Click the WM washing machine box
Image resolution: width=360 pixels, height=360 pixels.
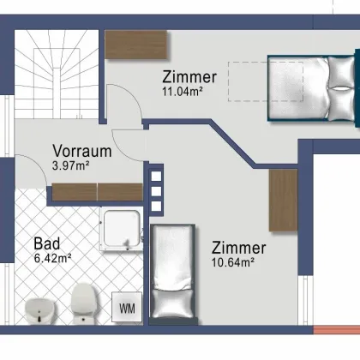[x=127, y=307]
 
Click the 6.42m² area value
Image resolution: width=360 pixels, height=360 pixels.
[x=52, y=255]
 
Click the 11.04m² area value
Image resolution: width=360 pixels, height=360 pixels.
[x=183, y=90]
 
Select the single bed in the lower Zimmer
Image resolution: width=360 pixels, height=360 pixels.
[x=175, y=272]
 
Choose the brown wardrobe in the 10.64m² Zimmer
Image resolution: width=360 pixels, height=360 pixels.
[x=282, y=199]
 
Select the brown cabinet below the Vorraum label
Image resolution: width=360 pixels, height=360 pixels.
[x=97, y=192]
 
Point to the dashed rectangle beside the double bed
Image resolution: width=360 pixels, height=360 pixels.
[x=246, y=75]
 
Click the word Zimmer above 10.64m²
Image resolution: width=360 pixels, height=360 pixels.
[x=238, y=248]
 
